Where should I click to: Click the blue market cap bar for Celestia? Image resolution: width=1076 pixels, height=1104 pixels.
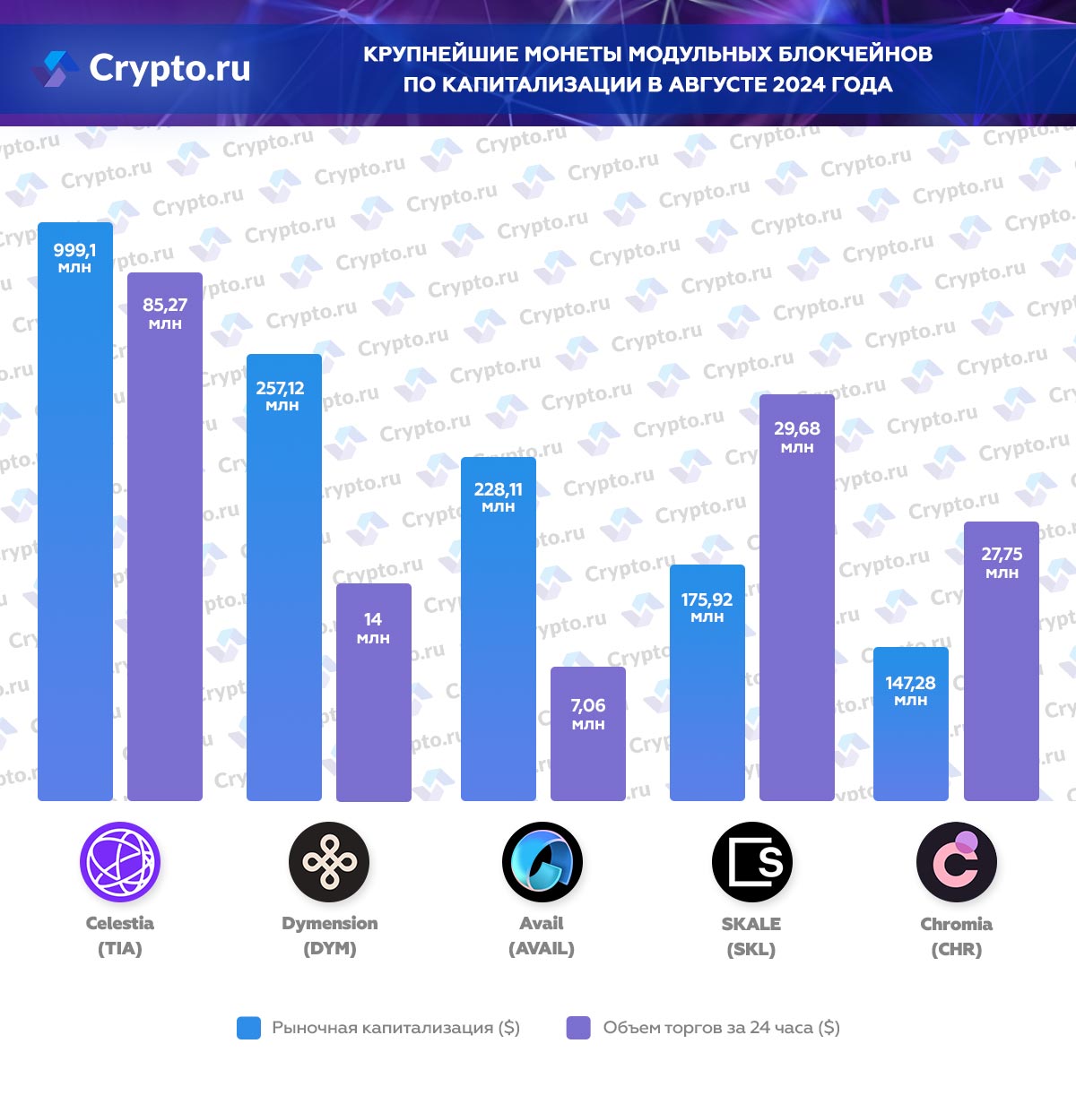(75, 538)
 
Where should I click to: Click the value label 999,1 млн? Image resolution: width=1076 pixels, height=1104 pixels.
(74, 257)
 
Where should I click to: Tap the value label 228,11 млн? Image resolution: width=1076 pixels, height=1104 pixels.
(499, 496)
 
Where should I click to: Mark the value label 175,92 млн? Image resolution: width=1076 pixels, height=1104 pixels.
(707, 607)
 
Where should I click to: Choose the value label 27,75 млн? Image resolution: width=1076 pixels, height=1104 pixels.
(1002, 562)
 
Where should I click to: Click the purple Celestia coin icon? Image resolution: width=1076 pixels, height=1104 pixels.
(120, 862)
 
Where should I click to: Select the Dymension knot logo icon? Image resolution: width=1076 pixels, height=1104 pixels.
(329, 862)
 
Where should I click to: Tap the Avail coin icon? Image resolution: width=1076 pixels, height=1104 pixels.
(542, 862)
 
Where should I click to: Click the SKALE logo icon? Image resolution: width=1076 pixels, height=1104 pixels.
(751, 862)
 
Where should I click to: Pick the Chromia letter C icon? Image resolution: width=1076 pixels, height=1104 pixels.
(956, 862)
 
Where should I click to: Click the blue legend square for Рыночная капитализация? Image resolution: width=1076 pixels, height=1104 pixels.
(248, 1028)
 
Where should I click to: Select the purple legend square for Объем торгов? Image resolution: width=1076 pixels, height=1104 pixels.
(578, 1028)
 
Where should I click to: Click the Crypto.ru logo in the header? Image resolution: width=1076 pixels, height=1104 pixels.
(143, 68)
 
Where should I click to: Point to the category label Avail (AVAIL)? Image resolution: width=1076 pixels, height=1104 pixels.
(542, 936)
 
